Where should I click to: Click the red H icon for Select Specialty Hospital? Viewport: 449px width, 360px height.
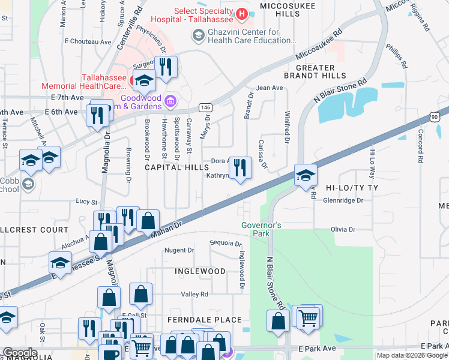241,13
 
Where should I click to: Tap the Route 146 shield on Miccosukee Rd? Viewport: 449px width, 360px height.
205,106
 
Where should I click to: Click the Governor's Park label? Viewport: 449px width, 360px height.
261,229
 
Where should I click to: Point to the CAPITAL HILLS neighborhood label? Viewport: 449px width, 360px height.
177,167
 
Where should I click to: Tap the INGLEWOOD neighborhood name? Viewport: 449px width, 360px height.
200,271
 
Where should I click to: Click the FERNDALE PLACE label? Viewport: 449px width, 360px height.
205,320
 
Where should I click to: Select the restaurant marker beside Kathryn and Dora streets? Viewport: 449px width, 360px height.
240,167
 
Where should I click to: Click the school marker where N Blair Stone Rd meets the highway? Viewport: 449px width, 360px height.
306,175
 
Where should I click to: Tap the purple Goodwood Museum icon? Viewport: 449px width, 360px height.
170,100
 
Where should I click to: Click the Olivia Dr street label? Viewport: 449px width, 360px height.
343,229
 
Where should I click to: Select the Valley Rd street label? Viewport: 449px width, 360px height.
195,295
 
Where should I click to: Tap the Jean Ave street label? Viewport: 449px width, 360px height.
270,88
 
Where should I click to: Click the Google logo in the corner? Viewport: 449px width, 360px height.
20,353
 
